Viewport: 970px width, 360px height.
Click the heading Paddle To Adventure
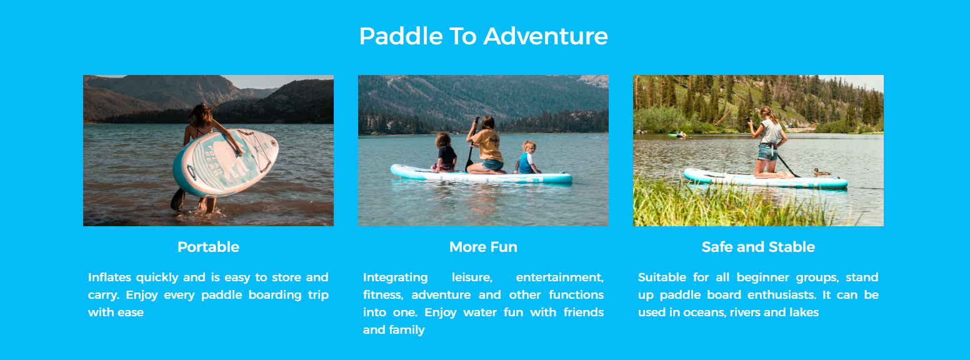(483, 36)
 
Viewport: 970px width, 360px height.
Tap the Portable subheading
(208, 247)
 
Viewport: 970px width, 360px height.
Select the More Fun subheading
(483, 247)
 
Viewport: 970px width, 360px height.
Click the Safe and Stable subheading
(758, 247)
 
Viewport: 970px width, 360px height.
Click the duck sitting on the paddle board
(821, 172)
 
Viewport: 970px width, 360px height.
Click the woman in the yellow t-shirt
(486, 145)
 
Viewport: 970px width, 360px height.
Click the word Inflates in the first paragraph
(109, 277)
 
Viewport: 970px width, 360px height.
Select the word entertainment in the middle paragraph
(559, 277)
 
